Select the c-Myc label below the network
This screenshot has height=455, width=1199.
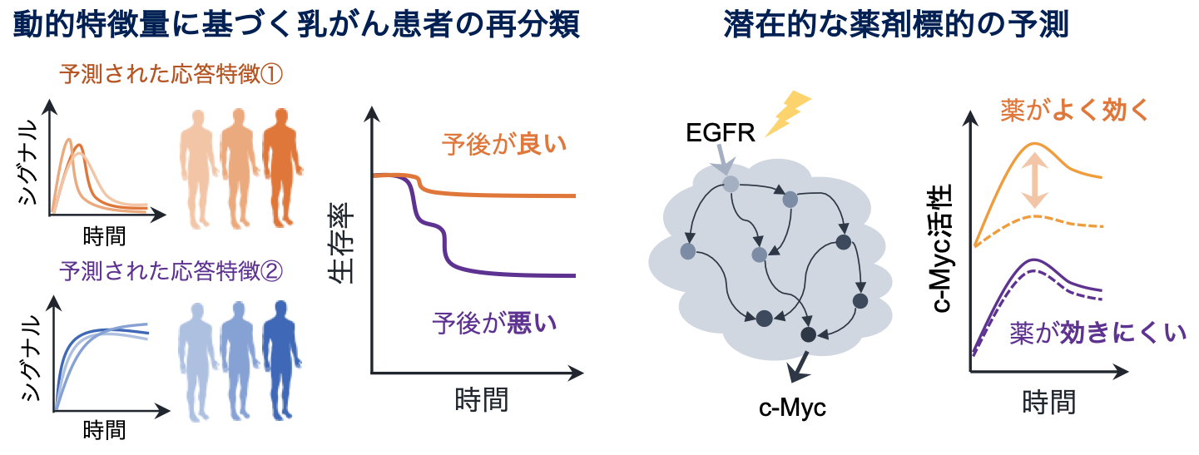[x=793, y=408]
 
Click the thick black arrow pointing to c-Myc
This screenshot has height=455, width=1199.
[x=800, y=365]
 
